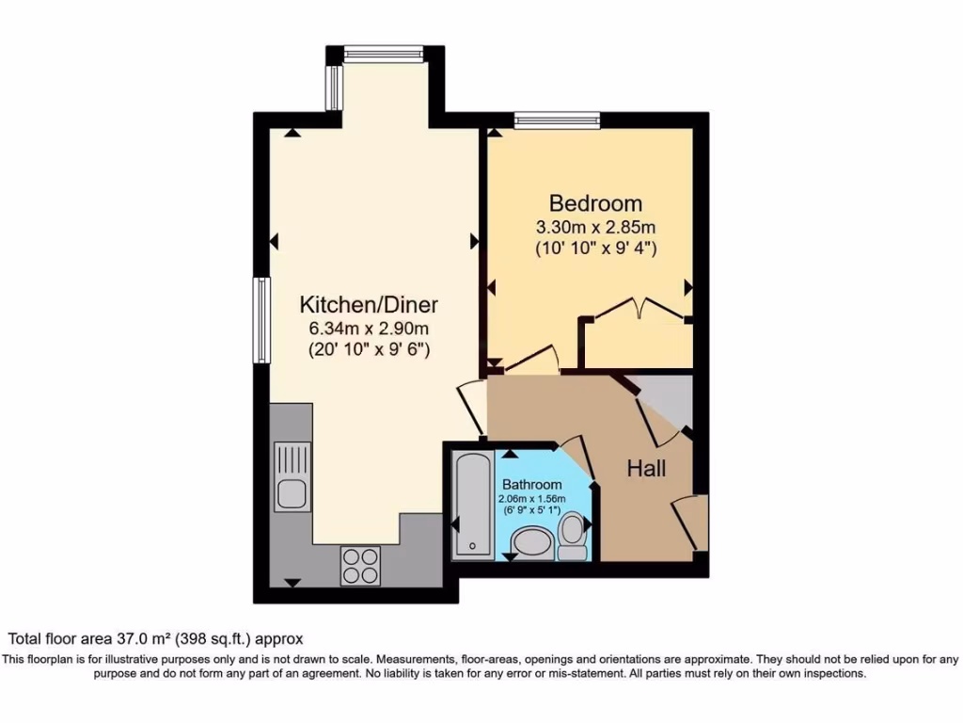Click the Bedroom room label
click(x=595, y=203)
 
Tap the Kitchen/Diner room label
click(x=369, y=305)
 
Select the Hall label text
click(x=647, y=468)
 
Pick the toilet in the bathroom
click(x=572, y=536)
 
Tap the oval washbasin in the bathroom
click(x=533, y=544)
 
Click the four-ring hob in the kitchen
click(x=361, y=565)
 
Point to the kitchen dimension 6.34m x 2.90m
click(x=369, y=329)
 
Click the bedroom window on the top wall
click(x=557, y=119)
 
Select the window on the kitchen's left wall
click(x=260, y=319)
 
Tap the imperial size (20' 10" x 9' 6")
click(x=369, y=349)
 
